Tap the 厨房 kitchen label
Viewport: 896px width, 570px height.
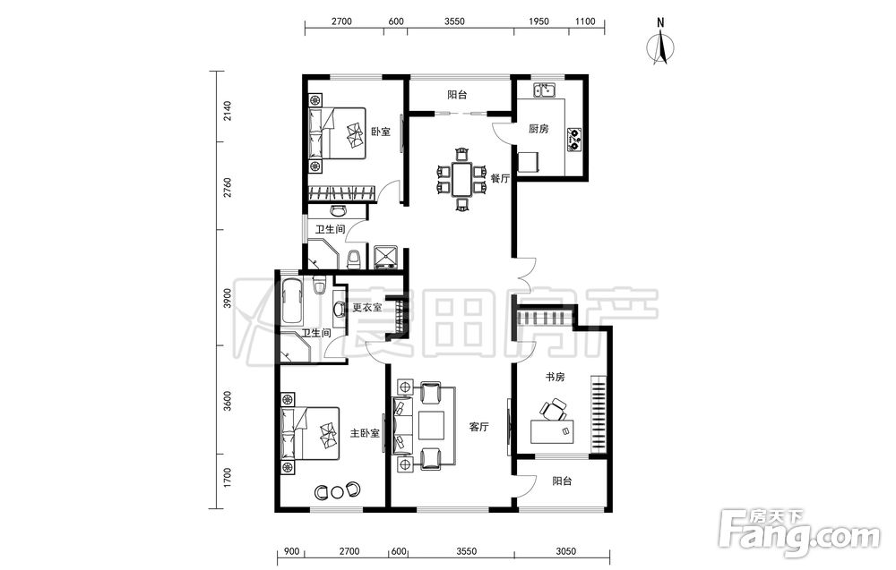pos(538,129)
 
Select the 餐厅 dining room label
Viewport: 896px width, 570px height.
pos(500,178)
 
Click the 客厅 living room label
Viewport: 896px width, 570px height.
pos(478,426)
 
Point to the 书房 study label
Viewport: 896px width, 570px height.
pos(555,377)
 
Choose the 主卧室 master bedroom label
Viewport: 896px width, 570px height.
pos(365,433)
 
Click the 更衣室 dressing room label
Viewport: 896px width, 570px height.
pos(366,308)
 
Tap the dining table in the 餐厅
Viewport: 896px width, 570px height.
pos(461,179)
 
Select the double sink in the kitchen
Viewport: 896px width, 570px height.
pos(545,89)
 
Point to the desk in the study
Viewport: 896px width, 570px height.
pos(552,431)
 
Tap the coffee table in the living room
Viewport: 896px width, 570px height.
pos(432,426)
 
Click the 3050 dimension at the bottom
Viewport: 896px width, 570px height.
pos(565,551)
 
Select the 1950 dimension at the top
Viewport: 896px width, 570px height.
pos(538,21)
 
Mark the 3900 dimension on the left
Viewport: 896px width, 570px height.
pos(228,298)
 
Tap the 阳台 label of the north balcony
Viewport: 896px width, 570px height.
pos(457,95)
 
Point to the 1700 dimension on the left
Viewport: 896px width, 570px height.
pos(228,478)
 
